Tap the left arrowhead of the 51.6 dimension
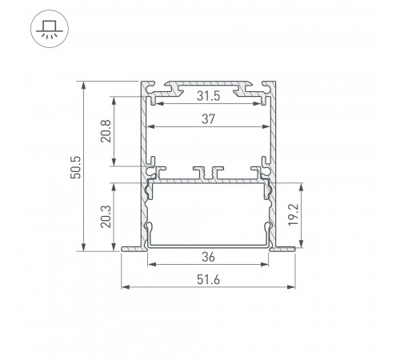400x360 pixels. pyautogui.click(x=123, y=286)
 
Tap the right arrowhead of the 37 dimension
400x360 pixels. pyautogui.click(x=266, y=127)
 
